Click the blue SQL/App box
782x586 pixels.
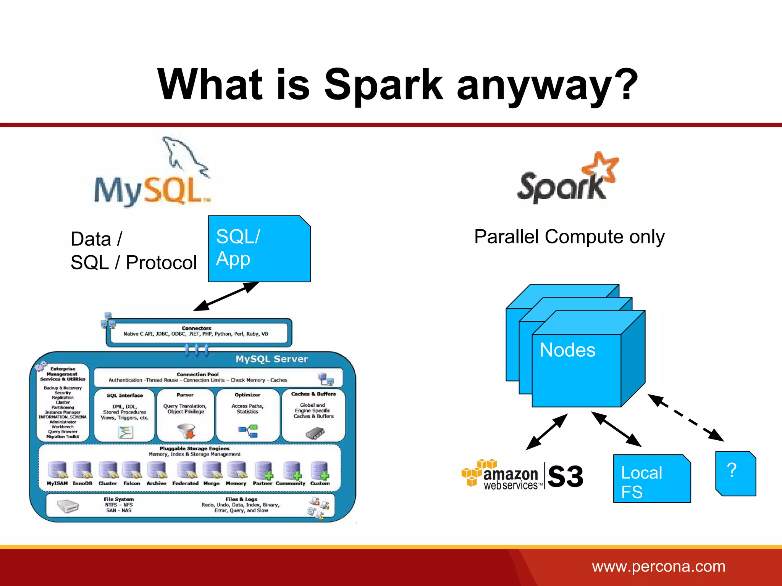(x=259, y=249)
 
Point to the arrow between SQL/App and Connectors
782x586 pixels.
(x=226, y=296)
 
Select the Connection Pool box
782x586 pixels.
(x=218, y=377)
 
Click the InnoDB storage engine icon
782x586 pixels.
(x=83, y=470)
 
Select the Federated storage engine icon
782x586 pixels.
(x=186, y=470)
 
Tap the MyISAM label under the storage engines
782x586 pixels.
(x=57, y=483)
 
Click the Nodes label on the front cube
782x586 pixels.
(x=567, y=350)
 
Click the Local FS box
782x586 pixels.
(x=651, y=479)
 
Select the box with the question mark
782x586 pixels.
(x=735, y=473)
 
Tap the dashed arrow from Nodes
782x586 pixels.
(x=686, y=418)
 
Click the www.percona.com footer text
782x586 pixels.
(x=658, y=567)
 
